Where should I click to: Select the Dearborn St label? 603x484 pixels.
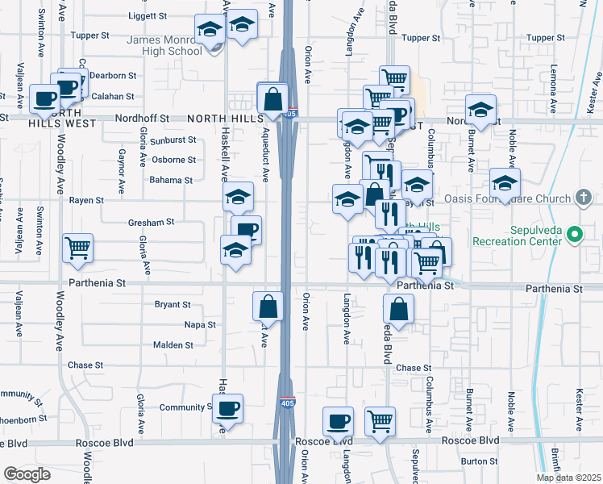[114, 75]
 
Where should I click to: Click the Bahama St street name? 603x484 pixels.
[171, 181]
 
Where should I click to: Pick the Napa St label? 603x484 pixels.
[200, 325]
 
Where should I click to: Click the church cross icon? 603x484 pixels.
[583, 198]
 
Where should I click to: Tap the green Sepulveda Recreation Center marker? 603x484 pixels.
[574, 236]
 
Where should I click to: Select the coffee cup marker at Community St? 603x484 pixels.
[228, 407]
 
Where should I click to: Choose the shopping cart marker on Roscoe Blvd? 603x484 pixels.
[380, 419]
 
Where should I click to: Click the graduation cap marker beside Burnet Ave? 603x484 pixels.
[480, 109]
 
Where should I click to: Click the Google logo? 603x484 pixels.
[27, 474]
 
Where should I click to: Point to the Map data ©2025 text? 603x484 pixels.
[568, 478]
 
